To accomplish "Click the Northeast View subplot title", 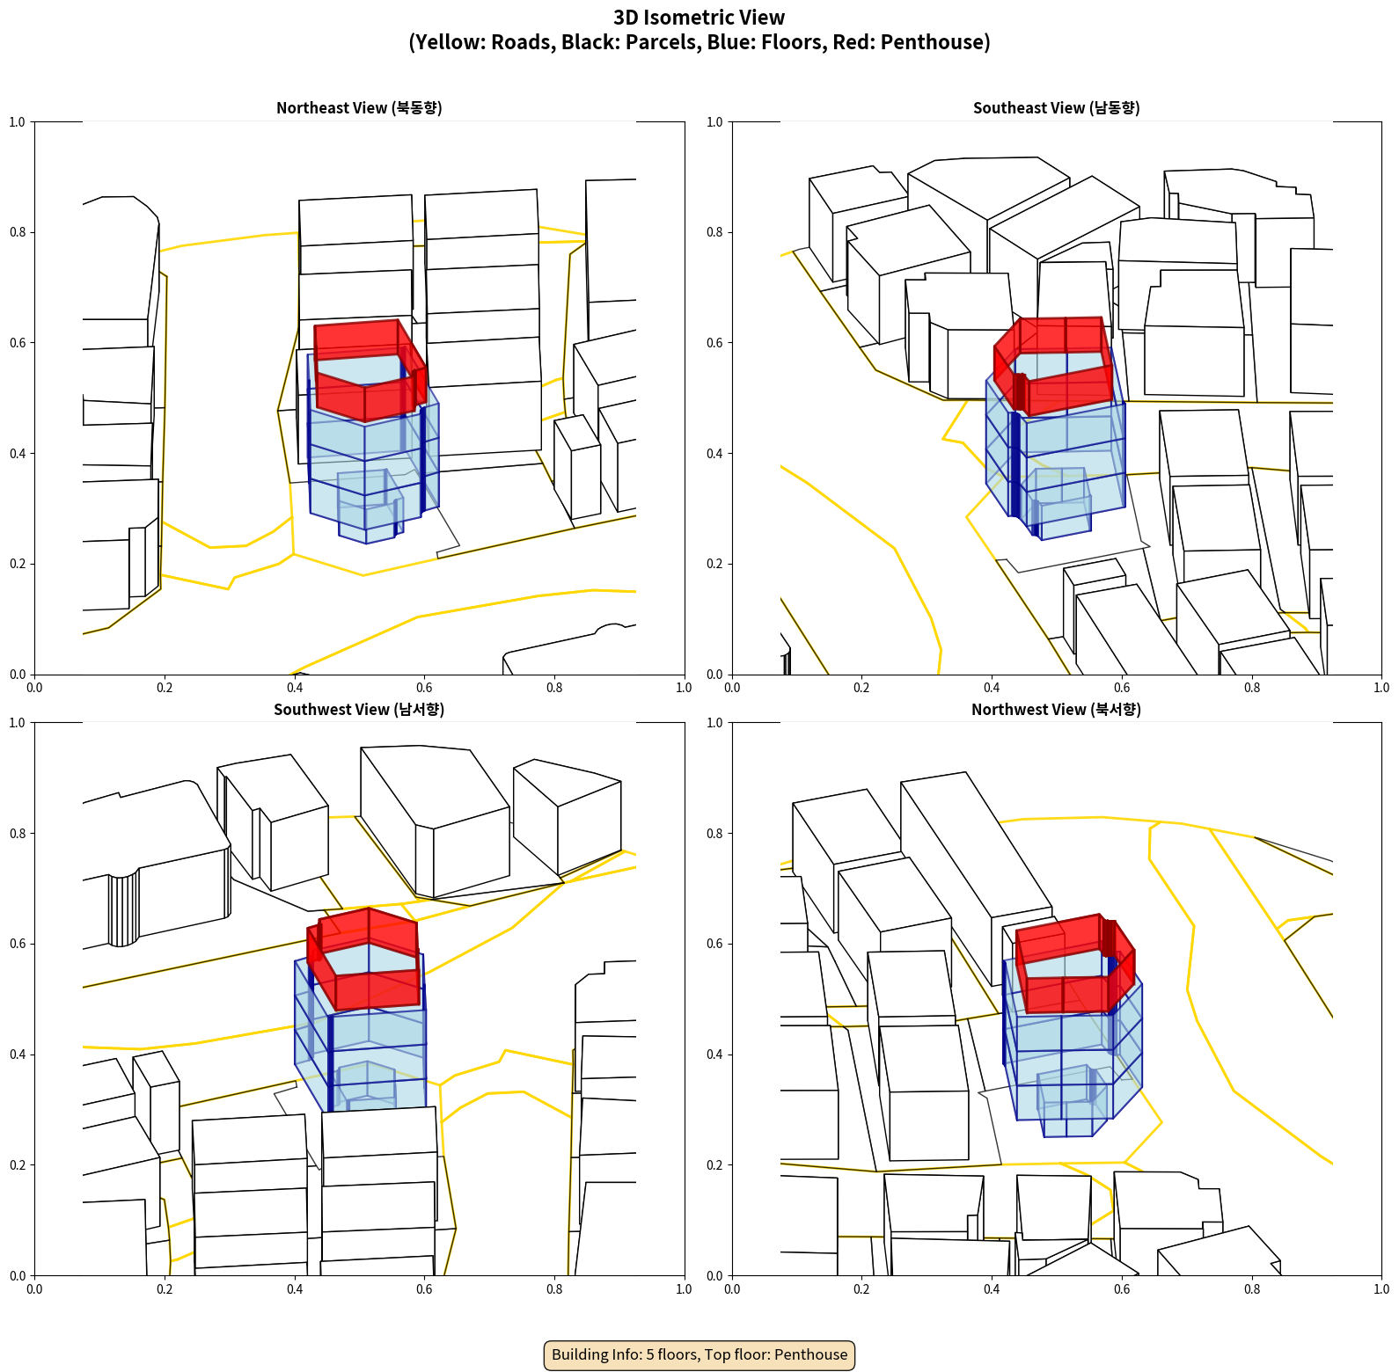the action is click(359, 107).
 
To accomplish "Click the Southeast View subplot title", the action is click(1056, 107).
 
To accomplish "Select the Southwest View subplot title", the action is click(359, 709).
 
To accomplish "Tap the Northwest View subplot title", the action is click(1056, 709).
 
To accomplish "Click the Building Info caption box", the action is click(699, 1354).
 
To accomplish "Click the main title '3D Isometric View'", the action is click(699, 18).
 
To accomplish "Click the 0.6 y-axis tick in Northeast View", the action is click(18, 343).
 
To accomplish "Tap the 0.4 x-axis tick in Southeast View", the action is click(992, 688).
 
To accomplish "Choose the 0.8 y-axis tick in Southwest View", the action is click(18, 833).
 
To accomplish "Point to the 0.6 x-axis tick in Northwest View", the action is click(1122, 1289).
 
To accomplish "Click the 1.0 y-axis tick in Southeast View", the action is click(714, 121).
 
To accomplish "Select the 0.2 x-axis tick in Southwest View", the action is click(165, 1289).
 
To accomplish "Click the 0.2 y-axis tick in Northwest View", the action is click(714, 1164).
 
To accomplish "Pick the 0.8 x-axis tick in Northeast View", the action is click(554, 688).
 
